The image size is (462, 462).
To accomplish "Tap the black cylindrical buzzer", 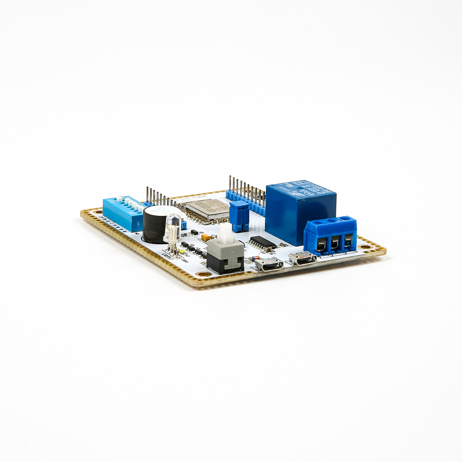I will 154,225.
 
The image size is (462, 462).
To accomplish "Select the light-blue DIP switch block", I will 122,213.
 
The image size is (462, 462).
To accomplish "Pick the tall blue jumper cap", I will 239,215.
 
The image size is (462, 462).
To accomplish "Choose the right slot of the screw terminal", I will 348,239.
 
